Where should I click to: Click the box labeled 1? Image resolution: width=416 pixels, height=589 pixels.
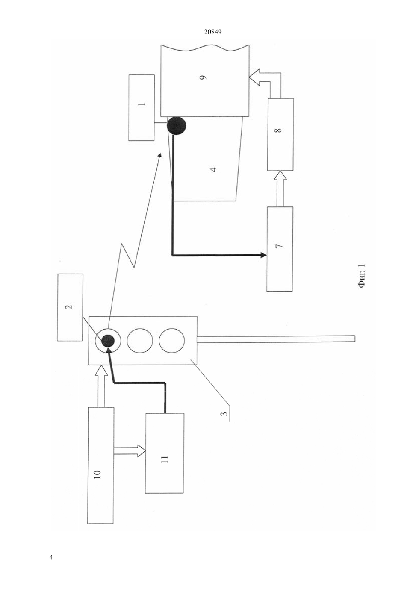pyautogui.click(x=141, y=108)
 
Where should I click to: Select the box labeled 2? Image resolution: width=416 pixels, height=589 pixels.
pyautogui.click(x=70, y=307)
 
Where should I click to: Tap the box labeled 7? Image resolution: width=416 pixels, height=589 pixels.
pyautogui.click(x=280, y=249)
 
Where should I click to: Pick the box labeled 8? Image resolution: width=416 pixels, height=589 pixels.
pyautogui.click(x=281, y=135)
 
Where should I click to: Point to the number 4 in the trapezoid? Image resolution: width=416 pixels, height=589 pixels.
pyautogui.click(x=214, y=169)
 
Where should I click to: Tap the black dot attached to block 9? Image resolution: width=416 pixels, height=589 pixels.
pyautogui.click(x=177, y=126)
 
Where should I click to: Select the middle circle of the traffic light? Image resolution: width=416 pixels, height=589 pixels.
pyautogui.click(x=140, y=341)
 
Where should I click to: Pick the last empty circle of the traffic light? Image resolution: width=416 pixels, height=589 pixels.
pyautogui.click(x=172, y=341)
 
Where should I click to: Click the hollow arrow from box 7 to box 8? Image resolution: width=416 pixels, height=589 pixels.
pyautogui.click(x=280, y=189)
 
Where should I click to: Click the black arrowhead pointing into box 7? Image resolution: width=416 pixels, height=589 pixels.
pyautogui.click(x=264, y=255)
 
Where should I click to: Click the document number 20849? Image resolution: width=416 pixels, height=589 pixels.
pyautogui.click(x=213, y=32)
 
